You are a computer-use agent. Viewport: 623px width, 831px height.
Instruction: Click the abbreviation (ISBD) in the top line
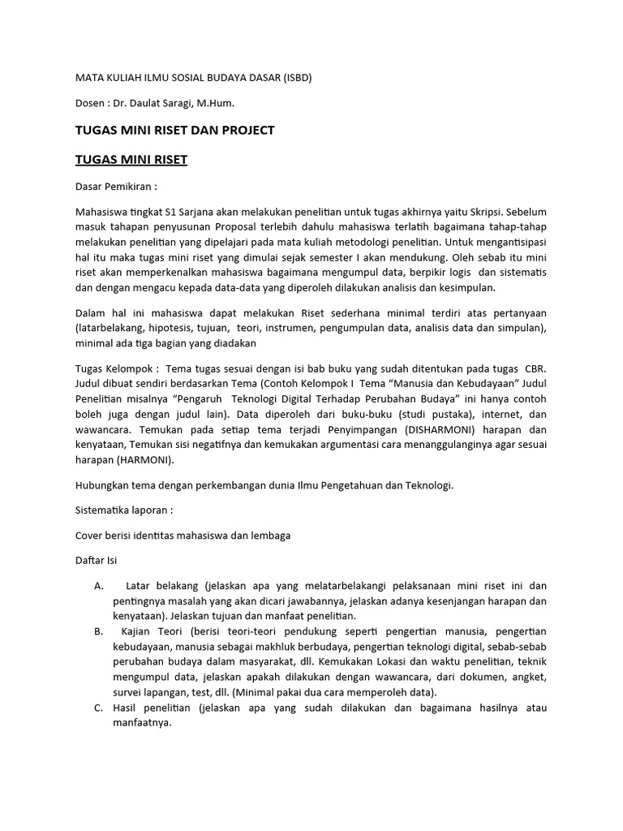[x=294, y=78]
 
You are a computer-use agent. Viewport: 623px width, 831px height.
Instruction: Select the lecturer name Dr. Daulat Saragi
[x=165, y=103]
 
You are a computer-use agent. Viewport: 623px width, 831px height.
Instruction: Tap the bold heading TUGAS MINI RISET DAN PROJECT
[x=174, y=131]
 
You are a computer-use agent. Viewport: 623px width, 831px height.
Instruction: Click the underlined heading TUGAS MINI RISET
[x=131, y=160]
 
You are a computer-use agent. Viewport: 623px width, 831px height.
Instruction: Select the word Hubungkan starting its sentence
[x=102, y=485]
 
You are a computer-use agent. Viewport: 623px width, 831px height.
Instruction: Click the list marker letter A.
[x=98, y=586]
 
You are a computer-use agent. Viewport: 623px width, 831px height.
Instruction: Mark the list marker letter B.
[x=98, y=631]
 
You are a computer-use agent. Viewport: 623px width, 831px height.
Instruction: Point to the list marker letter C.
[x=98, y=708]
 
